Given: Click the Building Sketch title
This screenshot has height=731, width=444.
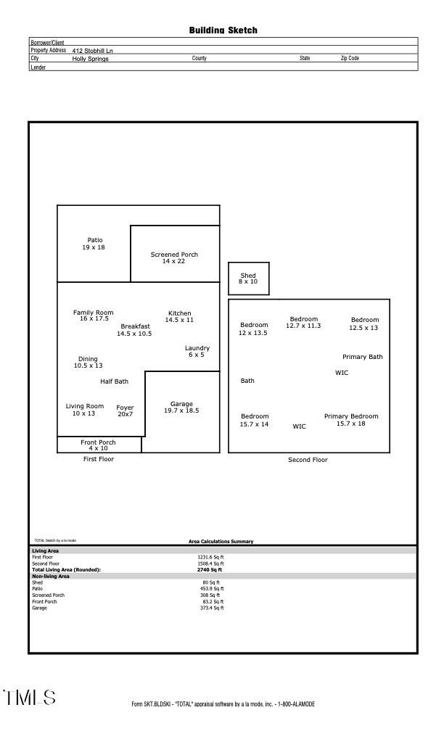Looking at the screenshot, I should (223, 30).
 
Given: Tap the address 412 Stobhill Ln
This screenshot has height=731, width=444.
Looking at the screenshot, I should (93, 51).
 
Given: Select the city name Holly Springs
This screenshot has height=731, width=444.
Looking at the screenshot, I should (90, 59).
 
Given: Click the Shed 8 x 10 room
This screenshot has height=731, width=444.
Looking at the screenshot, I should (248, 278).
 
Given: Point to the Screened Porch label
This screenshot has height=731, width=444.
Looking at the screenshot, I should (174, 257).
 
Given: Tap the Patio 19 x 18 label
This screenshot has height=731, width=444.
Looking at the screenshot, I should (95, 244).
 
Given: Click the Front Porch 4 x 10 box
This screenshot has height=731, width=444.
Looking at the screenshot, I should (98, 445).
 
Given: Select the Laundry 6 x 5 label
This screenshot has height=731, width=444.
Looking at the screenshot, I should (197, 351).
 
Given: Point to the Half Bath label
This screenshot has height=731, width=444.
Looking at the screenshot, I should (114, 381).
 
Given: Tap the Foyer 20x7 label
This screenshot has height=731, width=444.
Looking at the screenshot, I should (125, 411).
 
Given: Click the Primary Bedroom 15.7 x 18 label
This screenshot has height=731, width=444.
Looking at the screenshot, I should (351, 420).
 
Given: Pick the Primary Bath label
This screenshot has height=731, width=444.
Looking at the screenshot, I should (363, 357).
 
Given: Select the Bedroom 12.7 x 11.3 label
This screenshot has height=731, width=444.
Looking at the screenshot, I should (304, 322).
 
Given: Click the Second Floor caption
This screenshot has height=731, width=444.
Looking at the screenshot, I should (308, 460).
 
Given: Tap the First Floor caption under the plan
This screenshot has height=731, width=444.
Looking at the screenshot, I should (99, 459).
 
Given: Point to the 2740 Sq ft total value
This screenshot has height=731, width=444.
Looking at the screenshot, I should (210, 570).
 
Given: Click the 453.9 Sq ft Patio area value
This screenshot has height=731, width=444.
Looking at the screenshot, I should (212, 588).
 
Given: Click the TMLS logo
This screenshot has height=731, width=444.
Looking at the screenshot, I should (30, 698).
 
